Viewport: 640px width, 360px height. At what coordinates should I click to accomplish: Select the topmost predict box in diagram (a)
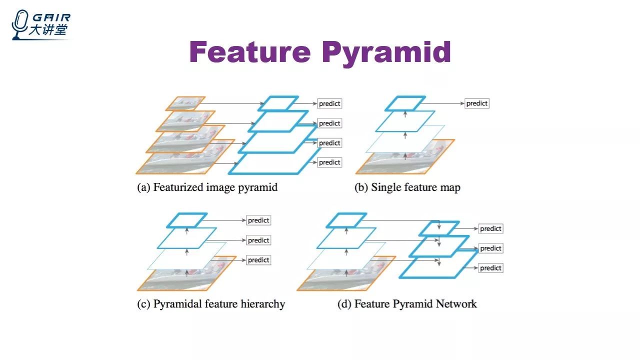point(329,103)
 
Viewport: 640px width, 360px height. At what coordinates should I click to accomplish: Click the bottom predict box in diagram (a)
point(329,162)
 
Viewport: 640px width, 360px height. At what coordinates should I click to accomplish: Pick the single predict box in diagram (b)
point(476,103)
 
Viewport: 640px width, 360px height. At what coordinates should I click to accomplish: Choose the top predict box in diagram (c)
point(258,220)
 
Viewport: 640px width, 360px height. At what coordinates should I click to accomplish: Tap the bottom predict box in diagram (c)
point(258,260)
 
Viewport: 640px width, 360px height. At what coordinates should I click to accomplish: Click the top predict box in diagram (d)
point(490,228)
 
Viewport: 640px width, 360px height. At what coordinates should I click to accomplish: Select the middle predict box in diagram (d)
point(490,248)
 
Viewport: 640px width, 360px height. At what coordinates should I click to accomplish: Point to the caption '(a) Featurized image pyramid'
point(207,188)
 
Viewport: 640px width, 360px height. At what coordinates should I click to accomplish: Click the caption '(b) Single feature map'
point(407,188)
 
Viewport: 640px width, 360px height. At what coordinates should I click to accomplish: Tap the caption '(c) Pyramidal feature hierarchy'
point(211,304)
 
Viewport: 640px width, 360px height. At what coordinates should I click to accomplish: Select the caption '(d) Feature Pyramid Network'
point(407,304)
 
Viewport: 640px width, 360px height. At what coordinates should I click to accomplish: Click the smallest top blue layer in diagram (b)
point(405,103)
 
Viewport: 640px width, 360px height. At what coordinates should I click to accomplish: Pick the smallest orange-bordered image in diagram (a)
point(185,103)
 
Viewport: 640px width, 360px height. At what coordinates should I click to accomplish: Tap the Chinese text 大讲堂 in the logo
point(48,30)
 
